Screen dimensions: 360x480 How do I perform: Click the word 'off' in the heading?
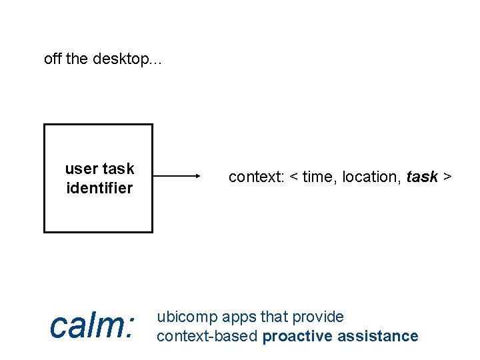(53, 59)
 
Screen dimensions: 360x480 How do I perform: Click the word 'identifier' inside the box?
(99, 188)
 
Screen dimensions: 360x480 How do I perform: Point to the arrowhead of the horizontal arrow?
(197, 177)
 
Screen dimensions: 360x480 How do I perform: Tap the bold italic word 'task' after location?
(422, 177)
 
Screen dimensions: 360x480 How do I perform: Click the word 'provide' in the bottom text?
(317, 317)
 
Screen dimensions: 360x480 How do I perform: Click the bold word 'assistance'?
(378, 336)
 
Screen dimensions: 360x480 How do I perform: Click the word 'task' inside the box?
(119, 169)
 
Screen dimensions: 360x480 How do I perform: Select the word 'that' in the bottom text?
(273, 317)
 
